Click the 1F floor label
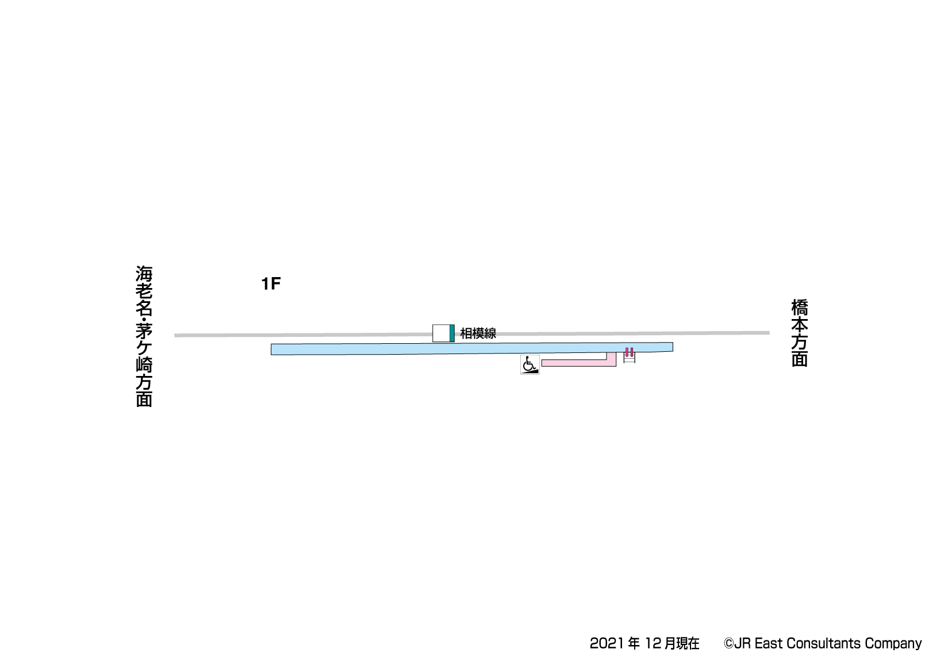click(271, 283)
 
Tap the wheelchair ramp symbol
click(529, 364)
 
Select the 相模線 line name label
click(478, 333)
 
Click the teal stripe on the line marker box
click(452, 333)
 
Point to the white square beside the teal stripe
click(441, 333)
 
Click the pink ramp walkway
click(579, 363)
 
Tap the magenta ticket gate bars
click(629, 352)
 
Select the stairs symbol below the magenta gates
click(629, 358)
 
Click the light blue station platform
click(472, 348)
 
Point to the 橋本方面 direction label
click(800, 333)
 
